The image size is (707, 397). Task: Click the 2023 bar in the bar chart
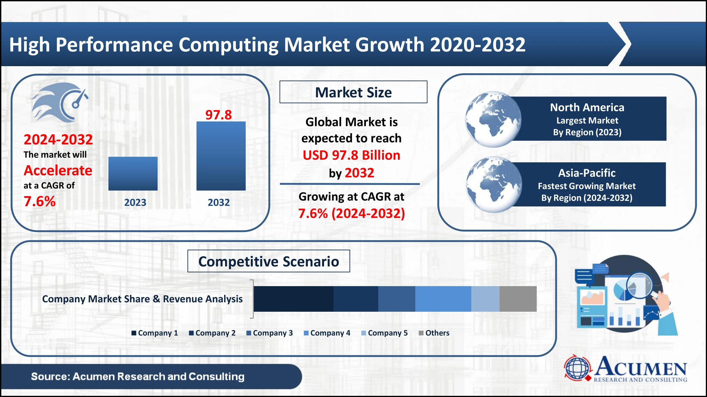(x=133, y=174)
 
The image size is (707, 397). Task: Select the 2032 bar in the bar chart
(x=221, y=156)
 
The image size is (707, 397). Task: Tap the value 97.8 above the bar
(x=219, y=115)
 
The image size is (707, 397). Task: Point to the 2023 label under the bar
(x=135, y=202)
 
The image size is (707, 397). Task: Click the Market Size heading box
(x=353, y=92)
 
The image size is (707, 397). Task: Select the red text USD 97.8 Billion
(x=351, y=155)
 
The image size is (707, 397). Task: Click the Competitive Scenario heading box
(x=269, y=261)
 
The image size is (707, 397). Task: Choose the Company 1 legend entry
(x=155, y=333)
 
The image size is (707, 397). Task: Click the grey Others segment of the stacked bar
(x=518, y=299)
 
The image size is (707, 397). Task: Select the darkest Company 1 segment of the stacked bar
(x=293, y=299)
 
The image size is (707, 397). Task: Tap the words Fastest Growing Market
(x=587, y=186)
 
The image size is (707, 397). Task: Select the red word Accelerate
(x=58, y=171)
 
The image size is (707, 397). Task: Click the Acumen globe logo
(x=577, y=368)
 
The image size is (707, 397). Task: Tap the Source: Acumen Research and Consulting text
(x=138, y=376)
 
